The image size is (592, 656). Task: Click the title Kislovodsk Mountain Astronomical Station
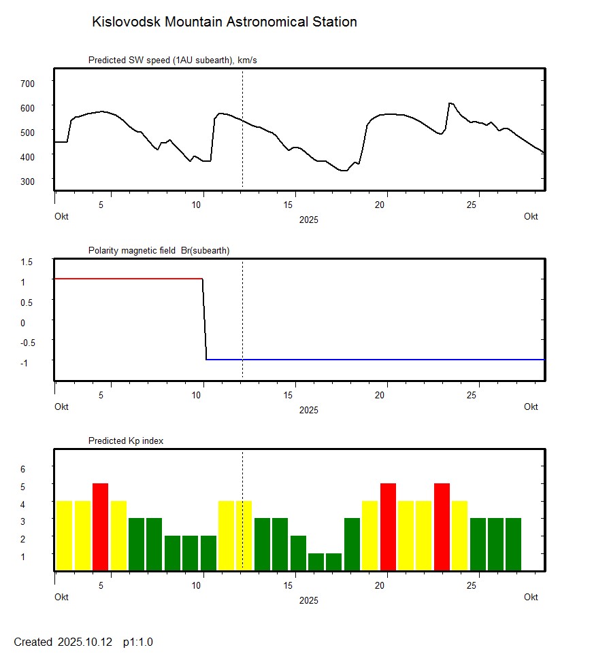(x=224, y=22)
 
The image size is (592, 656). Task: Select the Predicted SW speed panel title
(x=172, y=61)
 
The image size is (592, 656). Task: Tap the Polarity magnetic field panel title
(x=159, y=251)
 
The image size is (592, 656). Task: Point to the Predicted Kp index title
(x=126, y=441)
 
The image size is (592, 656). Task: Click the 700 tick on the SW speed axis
(x=27, y=83)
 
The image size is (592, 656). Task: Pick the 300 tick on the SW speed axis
(x=27, y=181)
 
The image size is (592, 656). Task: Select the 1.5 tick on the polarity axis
(x=27, y=262)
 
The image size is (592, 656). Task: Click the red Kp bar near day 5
(x=100, y=527)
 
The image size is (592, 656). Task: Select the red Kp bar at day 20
(x=388, y=527)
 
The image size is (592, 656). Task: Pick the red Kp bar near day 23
(x=442, y=527)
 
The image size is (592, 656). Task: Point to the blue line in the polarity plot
(x=374, y=359)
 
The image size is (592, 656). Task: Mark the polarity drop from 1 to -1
(x=204, y=320)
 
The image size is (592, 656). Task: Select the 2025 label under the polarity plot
(x=308, y=410)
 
